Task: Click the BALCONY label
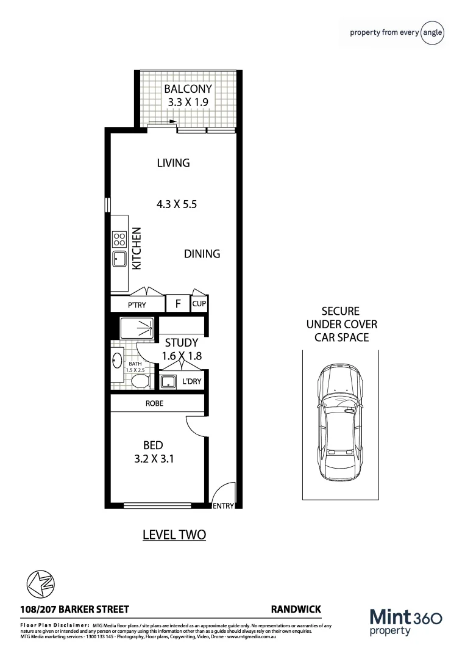tap(188, 89)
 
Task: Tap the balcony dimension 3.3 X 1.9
tap(188, 103)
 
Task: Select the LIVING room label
tap(173, 163)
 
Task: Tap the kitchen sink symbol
tap(119, 259)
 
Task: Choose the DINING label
tap(202, 254)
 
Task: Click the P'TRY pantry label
tap(137, 304)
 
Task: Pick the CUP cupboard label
tap(199, 303)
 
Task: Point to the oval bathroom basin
tap(117, 361)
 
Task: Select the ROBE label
tap(154, 404)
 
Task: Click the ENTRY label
tap(223, 506)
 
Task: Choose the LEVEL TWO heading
tap(174, 535)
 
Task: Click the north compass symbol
tap(39, 582)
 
